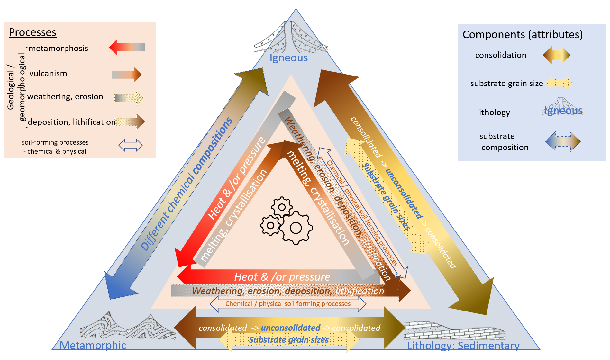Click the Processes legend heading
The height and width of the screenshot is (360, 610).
pyautogui.click(x=32, y=32)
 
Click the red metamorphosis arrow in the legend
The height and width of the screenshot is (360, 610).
pyautogui.click(x=127, y=47)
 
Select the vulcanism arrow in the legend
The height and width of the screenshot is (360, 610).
pyautogui.click(x=127, y=75)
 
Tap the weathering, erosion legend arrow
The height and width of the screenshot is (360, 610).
pyautogui.click(x=129, y=98)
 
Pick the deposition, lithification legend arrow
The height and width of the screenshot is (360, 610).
pyautogui.click(x=130, y=122)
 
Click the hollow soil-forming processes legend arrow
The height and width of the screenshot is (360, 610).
pyautogui.click(x=130, y=145)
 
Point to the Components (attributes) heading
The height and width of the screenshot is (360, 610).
pyautogui.click(x=522, y=34)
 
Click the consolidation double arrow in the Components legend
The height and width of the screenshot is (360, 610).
pyautogui.click(x=557, y=55)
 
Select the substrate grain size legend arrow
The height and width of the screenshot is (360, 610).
pyautogui.click(x=559, y=83)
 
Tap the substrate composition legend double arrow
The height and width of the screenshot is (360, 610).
pyautogui.click(x=563, y=141)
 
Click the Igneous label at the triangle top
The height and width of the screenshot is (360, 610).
pyautogui.click(x=288, y=58)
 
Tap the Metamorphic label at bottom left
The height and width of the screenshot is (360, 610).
pyautogui.click(x=93, y=345)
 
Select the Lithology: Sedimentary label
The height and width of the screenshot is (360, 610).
pyautogui.click(x=463, y=346)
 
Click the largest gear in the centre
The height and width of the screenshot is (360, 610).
pyautogui.click(x=296, y=228)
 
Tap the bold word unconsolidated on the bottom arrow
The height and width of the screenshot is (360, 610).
pyautogui.click(x=290, y=328)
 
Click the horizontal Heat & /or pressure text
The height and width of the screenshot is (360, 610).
pyautogui.click(x=282, y=277)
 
